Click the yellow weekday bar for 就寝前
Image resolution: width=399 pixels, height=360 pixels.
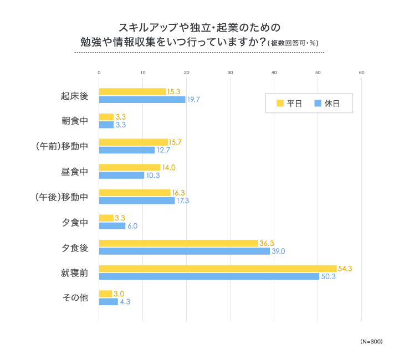[x=217, y=269]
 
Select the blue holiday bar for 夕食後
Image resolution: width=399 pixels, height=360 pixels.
[x=184, y=251]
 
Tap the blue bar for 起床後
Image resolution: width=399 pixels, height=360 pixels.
[x=142, y=100]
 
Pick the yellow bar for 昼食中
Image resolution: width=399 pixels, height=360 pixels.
[x=129, y=167]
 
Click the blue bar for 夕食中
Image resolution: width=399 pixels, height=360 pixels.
[x=112, y=226]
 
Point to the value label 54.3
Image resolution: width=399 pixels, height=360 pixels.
[x=345, y=269]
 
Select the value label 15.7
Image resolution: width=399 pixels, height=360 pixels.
[x=175, y=142]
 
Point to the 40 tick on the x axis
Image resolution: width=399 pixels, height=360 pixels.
[x=274, y=73]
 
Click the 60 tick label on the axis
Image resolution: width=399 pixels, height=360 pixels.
[x=361, y=73]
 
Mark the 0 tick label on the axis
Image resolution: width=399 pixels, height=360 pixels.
[x=99, y=73]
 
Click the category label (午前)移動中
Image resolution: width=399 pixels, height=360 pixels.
[x=61, y=146]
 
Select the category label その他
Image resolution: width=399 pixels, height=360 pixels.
[x=74, y=297]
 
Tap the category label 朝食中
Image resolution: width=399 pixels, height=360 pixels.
[x=74, y=121]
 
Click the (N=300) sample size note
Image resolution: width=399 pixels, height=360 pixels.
[x=371, y=342]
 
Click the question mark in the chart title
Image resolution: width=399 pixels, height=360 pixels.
[x=260, y=42]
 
